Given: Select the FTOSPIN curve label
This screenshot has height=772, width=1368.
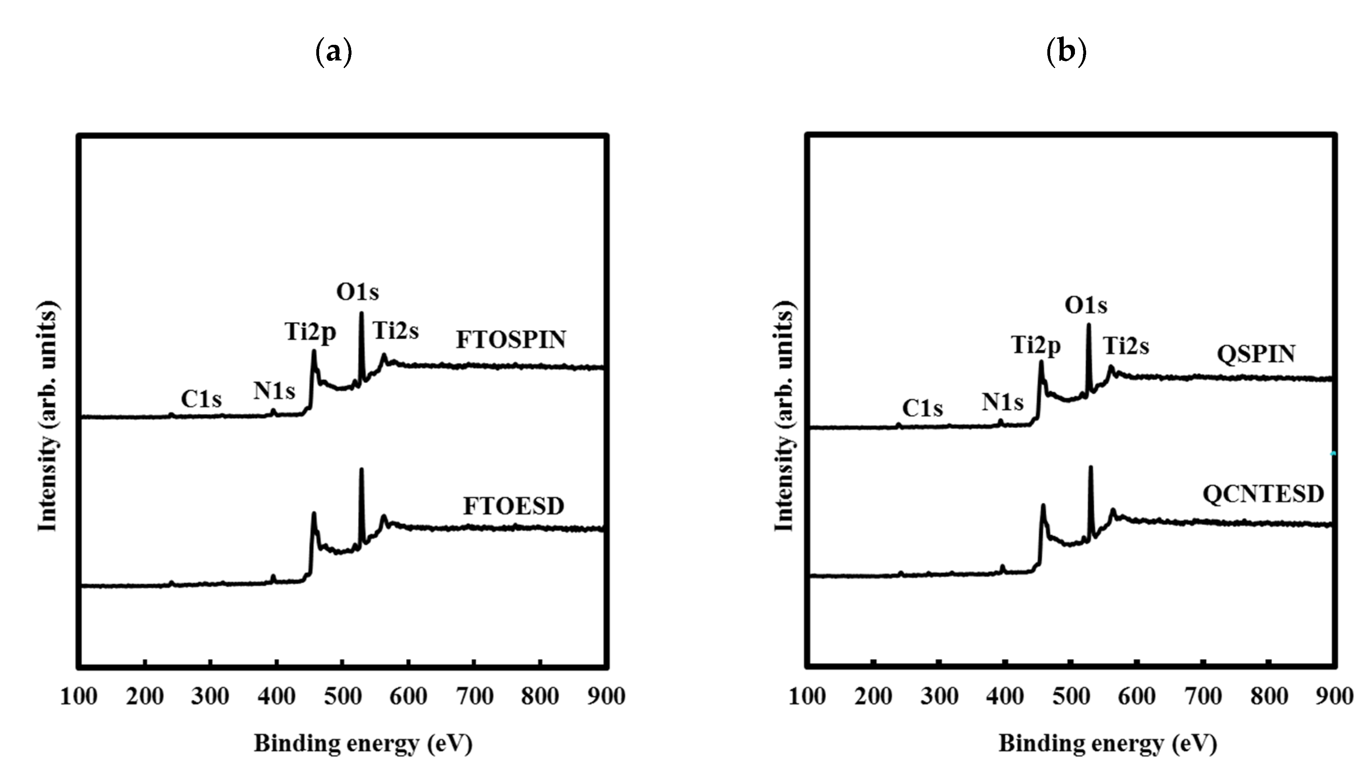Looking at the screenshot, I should (511, 340).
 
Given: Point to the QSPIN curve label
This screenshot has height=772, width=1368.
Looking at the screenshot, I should (1256, 354).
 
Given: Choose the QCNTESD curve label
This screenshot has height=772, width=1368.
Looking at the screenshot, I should (1263, 494).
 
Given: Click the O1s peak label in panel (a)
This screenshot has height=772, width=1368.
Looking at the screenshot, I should (358, 291).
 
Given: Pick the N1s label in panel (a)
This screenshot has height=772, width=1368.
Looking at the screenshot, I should (274, 391).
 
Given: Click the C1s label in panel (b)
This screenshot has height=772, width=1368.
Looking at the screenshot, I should (922, 408).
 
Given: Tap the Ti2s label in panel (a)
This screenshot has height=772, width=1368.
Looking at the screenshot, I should (395, 331).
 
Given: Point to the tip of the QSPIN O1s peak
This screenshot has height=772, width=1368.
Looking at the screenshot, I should (1089, 325).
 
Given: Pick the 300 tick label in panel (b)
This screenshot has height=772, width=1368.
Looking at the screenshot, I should (939, 696).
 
